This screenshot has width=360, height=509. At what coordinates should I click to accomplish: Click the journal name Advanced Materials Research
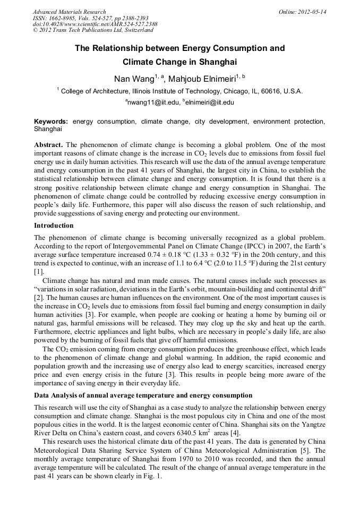[x=69, y=12]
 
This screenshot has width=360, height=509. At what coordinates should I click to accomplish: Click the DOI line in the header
[x=95, y=24]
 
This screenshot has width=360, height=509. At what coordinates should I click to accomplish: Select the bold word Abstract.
[x=48, y=144]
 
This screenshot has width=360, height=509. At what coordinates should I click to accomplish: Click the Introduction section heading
[x=54, y=225]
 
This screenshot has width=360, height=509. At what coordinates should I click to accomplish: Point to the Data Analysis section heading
[x=143, y=395]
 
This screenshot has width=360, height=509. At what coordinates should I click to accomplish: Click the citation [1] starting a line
[x=39, y=271]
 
